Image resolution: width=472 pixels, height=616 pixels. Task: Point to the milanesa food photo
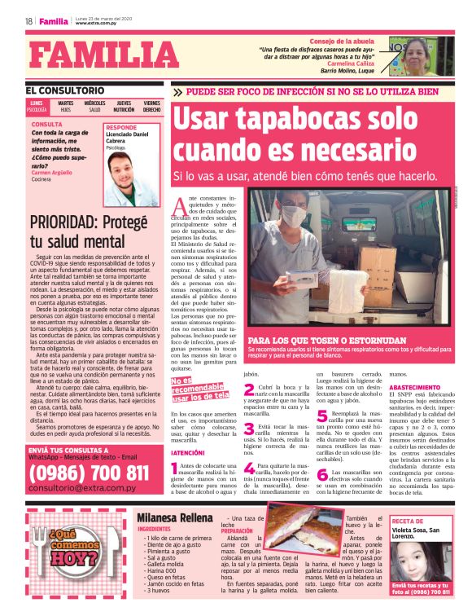tap(292, 547)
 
